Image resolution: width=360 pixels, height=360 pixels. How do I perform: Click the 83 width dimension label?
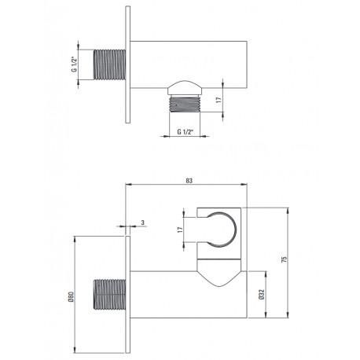pos(189,181)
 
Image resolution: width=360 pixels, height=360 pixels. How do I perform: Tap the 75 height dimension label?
pos(284,259)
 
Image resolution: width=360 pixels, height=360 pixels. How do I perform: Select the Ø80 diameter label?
pos(72,297)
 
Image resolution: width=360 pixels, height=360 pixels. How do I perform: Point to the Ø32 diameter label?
pos(262,294)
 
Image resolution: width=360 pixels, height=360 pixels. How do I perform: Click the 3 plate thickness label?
pos(142,222)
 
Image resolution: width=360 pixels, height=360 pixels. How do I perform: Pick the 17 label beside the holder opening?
pos(180,230)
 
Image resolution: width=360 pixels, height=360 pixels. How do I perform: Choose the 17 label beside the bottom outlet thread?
pos(219,100)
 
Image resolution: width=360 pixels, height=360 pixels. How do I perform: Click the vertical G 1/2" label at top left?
pos(74,64)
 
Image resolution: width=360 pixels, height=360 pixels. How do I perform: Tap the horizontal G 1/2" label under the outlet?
pos(185,131)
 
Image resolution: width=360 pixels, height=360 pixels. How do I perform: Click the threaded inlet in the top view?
pos(109,64)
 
